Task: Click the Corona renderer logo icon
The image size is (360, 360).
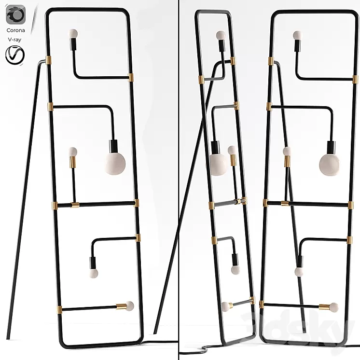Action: coord(15,14)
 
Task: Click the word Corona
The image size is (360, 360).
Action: coord(16,30)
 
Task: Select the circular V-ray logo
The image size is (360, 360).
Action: coord(15,55)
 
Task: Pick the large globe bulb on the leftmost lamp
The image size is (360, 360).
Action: coord(115,163)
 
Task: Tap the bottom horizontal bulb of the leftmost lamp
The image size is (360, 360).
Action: coord(129,305)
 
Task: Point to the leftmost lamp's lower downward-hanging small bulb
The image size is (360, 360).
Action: coord(93,274)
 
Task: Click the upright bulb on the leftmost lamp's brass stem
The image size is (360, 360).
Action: coord(72,151)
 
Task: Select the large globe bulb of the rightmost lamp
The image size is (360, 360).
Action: coord(329,164)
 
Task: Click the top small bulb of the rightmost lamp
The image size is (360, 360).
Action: coord(297,35)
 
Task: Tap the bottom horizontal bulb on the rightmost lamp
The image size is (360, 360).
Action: coord(333,306)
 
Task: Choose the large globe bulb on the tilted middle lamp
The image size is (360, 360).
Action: coord(218,163)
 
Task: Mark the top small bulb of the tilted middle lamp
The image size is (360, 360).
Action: coord(221,35)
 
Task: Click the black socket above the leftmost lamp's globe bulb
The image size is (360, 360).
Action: coord(114,145)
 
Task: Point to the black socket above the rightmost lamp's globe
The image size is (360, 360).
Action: coord(331,146)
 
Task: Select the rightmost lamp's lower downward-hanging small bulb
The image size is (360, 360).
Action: coord(299,272)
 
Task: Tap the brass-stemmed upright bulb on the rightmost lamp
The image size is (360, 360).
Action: coord(287,152)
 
